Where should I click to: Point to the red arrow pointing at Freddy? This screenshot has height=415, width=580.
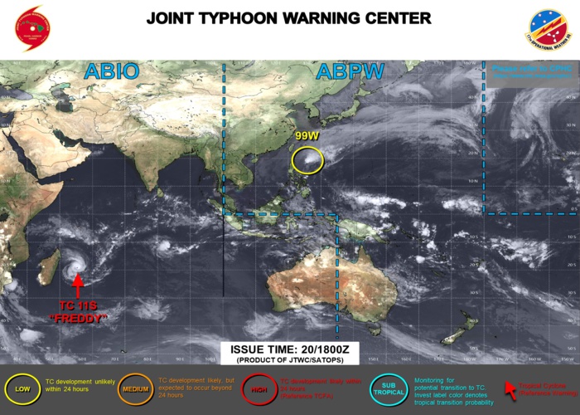[77, 286]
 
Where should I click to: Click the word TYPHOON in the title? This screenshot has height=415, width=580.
[263, 18]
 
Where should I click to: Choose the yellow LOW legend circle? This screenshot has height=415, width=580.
[23, 388]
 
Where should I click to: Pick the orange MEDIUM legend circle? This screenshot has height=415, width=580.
[136, 388]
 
